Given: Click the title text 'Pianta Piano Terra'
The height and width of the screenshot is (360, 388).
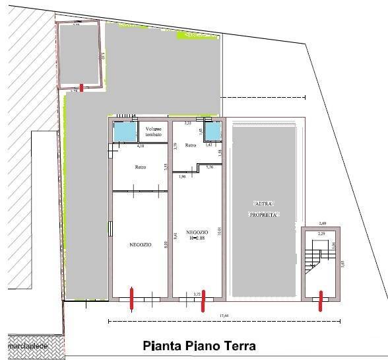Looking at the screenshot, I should [199, 345].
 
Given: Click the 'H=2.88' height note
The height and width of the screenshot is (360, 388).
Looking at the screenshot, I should [197, 238].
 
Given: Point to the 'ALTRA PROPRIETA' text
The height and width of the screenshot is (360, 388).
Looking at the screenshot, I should [265, 209].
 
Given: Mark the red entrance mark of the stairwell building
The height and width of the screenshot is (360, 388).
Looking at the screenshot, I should [321, 301].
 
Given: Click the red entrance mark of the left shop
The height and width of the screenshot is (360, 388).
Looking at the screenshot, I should [132, 298].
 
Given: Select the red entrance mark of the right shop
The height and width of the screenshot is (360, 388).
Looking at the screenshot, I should [203, 301].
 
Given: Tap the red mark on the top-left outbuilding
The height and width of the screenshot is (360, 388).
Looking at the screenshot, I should [81, 87].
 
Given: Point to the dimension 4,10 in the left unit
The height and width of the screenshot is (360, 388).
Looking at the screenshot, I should [141, 147].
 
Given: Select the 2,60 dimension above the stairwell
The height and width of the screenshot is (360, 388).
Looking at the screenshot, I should [323, 223].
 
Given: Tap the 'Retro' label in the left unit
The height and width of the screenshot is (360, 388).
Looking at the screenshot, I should [140, 167].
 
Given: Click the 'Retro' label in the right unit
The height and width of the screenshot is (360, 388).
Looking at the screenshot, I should [190, 145].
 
